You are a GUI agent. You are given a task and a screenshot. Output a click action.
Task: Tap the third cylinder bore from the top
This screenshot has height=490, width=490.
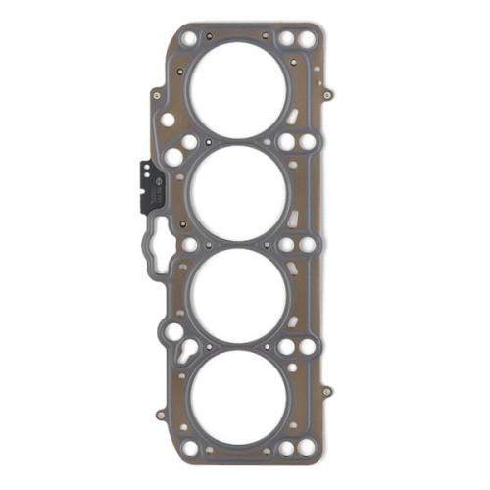point(238,295)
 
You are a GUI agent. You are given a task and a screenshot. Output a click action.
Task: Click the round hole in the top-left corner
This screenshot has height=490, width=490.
point(187,40)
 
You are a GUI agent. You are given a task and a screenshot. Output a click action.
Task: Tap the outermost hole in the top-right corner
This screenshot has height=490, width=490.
point(307,39)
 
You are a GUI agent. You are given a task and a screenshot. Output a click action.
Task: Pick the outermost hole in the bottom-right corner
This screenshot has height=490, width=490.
point(307,449)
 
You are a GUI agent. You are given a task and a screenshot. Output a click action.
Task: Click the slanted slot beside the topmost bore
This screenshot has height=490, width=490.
point(293,122)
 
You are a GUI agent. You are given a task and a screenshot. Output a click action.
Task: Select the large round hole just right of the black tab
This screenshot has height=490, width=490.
point(173,157)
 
